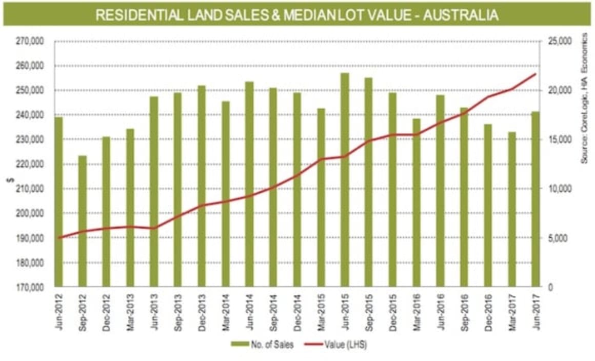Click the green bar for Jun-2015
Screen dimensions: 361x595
pyautogui.click(x=345, y=179)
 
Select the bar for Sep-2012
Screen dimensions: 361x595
pyautogui.click(x=83, y=221)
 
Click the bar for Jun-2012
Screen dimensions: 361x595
pyautogui.click(x=58, y=202)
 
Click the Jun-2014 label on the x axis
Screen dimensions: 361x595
pyautogui.click(x=249, y=311)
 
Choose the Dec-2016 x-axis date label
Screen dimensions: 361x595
pyautogui.click(x=488, y=311)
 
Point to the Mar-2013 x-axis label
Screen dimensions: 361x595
pyautogui.click(x=130, y=311)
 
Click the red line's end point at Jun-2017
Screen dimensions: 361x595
pyautogui.click(x=535, y=74)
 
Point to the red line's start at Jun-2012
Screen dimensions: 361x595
pyautogui.click(x=58, y=238)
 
